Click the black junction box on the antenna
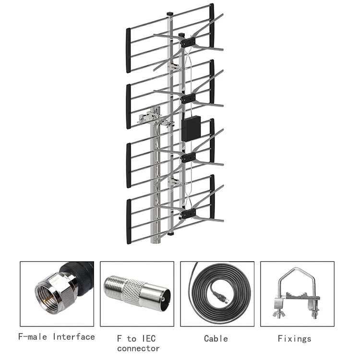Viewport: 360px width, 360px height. click(191, 128)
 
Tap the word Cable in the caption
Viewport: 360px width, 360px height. click(216, 339)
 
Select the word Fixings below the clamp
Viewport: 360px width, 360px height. click(294, 339)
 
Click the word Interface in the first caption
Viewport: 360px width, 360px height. click(73, 337)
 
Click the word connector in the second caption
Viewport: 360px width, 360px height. click(138, 348)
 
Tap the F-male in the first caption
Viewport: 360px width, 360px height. click(33, 337)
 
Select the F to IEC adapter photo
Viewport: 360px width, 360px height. click(137, 293)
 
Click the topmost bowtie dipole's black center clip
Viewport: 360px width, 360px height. click(188, 42)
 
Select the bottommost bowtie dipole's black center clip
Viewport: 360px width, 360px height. click(188, 212)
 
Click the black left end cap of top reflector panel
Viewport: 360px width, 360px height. click(128, 50)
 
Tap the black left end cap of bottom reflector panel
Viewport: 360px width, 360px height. click(128, 221)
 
